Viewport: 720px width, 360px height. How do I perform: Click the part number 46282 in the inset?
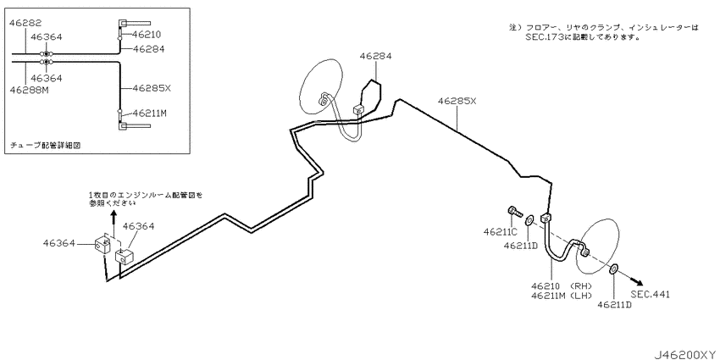point(25,23)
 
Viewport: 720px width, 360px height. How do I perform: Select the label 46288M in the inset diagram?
point(29,90)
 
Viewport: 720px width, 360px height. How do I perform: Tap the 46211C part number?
point(500,232)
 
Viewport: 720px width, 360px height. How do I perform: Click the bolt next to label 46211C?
point(516,213)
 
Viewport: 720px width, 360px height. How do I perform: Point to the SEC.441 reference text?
point(651,294)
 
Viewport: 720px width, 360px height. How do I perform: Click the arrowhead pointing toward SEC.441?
point(637,282)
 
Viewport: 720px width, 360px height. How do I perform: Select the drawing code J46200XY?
point(685,354)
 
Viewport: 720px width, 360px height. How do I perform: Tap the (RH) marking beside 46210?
point(581,286)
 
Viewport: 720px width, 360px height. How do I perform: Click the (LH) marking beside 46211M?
point(581,296)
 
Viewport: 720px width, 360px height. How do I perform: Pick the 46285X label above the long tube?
point(457,101)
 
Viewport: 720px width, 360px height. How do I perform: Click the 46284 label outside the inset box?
point(375,56)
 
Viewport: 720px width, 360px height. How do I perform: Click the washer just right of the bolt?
point(529,220)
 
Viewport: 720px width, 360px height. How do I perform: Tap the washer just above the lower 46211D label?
point(614,269)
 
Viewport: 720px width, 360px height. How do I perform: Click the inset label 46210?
point(147,35)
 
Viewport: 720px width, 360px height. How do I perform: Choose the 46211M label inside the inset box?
point(149,113)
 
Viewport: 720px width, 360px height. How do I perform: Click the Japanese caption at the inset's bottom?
point(46,145)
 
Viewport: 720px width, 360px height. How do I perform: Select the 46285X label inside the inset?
point(152,88)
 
